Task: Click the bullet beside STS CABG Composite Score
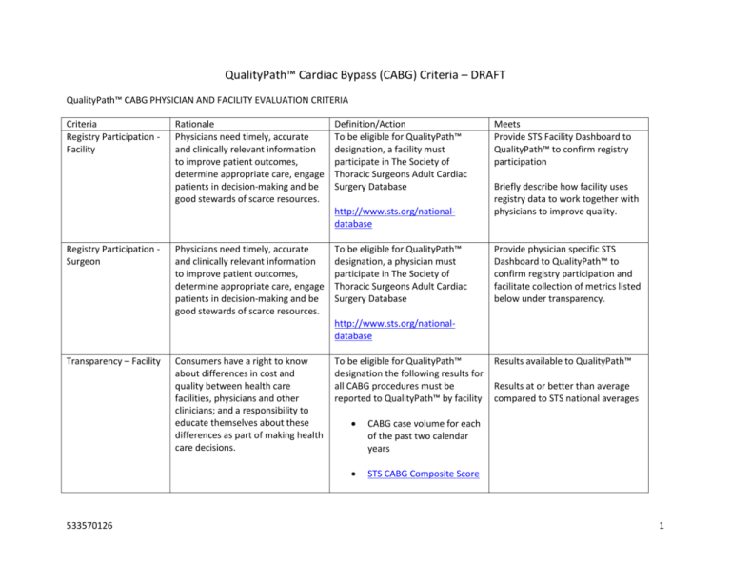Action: pos(354,474)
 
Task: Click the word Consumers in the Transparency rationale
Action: pos(202,362)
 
